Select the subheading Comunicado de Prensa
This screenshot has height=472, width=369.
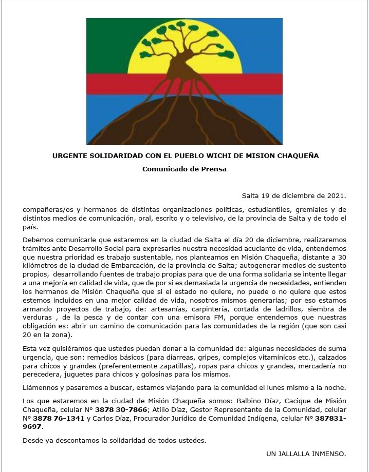coord(184,168)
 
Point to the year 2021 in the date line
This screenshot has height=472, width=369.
coord(335,195)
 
